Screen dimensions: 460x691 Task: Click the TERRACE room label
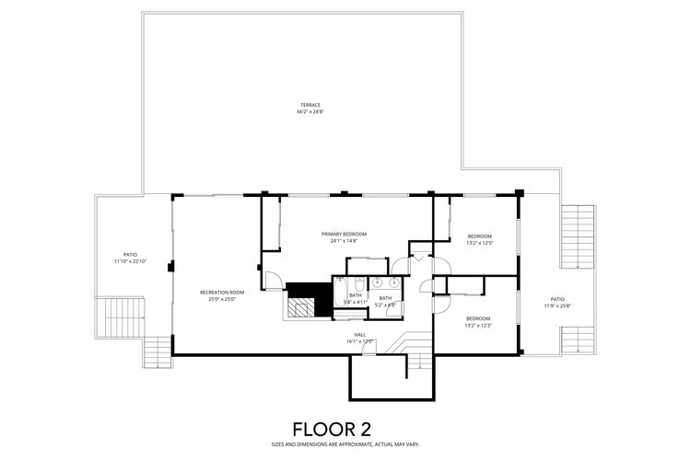(x=310, y=105)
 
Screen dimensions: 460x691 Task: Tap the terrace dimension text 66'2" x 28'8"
(x=310, y=112)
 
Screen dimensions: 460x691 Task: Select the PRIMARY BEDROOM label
(x=344, y=234)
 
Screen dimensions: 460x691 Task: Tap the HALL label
(x=360, y=334)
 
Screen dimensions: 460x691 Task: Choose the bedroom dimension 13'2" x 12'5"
(x=479, y=243)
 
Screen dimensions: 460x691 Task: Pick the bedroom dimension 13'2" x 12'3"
(x=478, y=326)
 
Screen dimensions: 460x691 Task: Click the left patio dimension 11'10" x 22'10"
(x=130, y=261)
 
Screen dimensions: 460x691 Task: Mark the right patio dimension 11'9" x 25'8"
(x=557, y=305)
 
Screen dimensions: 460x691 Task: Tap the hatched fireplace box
(x=300, y=308)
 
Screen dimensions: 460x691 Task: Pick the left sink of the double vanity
(x=378, y=282)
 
